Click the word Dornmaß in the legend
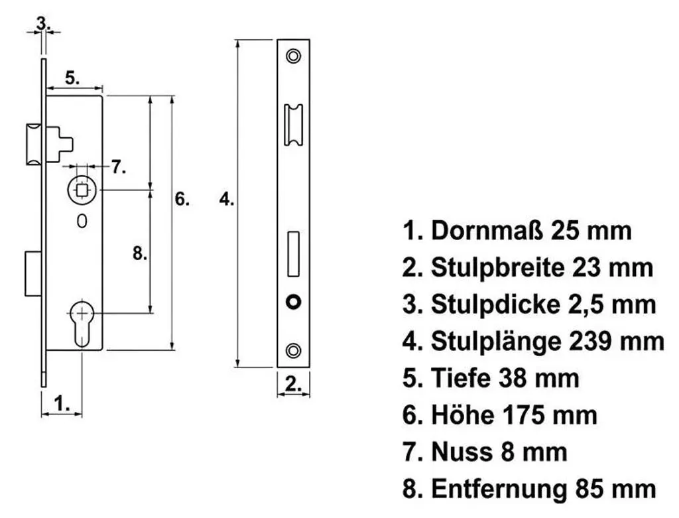[x=486, y=230]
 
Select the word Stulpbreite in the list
[x=498, y=267]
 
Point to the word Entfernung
[x=499, y=489]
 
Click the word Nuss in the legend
[x=462, y=452]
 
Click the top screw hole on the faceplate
[x=293, y=56]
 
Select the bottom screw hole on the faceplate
[x=293, y=350]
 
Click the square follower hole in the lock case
[x=82, y=190]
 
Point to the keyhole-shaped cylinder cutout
[x=82, y=322]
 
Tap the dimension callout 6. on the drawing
[x=182, y=199]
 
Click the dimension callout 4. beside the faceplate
[x=227, y=199]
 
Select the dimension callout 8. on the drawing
[x=140, y=253]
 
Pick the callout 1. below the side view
[x=62, y=403]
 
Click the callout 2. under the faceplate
[x=293, y=384]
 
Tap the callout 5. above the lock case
[x=73, y=78]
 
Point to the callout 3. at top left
[x=43, y=23]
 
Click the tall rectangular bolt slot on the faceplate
[x=293, y=254]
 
